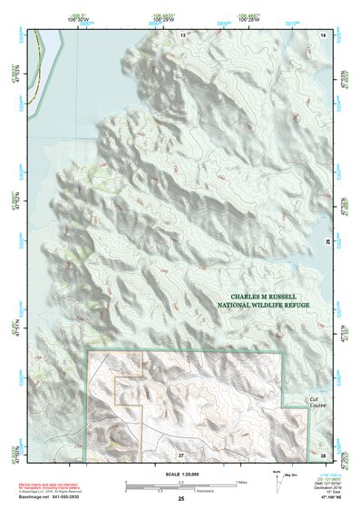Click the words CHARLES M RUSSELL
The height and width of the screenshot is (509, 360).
pos(264,296)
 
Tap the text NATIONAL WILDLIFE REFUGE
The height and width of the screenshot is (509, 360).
pos(264,307)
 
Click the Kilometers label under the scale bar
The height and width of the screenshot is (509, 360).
pos(210,491)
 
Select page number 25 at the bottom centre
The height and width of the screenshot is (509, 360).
pos(180,499)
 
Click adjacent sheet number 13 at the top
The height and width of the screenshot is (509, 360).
pos(181,34)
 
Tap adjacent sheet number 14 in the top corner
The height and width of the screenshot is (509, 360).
pos(322,34)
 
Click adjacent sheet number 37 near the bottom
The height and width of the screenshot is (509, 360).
pos(180,453)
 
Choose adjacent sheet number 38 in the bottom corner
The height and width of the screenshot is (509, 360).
pos(323,453)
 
